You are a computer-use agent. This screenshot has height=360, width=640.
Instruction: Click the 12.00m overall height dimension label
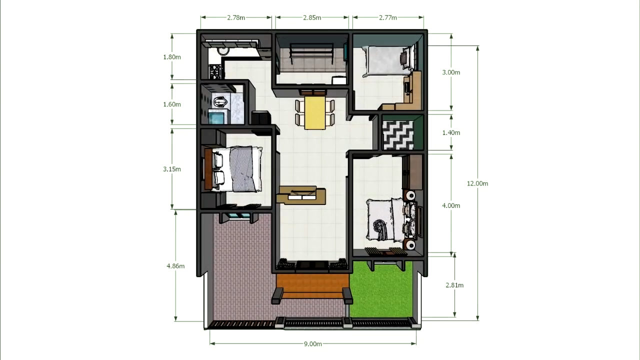(477, 183)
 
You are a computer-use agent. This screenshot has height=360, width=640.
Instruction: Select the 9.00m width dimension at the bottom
(313, 343)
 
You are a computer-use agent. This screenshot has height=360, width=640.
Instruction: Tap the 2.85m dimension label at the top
(312, 17)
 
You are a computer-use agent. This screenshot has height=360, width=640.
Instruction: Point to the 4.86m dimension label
(175, 266)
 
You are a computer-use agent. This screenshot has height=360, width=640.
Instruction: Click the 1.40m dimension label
(451, 132)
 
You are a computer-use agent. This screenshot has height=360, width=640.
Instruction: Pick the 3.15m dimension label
(172, 169)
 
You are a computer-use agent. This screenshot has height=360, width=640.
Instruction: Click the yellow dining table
(315, 113)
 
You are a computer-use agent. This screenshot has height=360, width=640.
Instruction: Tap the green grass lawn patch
(381, 289)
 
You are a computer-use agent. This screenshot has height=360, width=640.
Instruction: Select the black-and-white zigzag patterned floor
(398, 135)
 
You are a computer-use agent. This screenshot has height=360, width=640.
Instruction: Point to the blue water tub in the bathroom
(216, 117)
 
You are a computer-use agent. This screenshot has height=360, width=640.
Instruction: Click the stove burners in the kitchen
(215, 71)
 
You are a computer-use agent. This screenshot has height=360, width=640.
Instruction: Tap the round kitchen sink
(222, 51)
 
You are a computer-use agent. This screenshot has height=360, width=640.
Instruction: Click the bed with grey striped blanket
(233, 169)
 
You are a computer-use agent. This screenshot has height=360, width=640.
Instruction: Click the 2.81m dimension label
(454, 285)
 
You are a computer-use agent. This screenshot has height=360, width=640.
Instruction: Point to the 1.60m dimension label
(172, 104)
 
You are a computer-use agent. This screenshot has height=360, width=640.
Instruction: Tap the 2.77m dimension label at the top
(388, 17)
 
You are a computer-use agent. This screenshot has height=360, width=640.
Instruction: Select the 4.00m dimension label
(451, 205)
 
